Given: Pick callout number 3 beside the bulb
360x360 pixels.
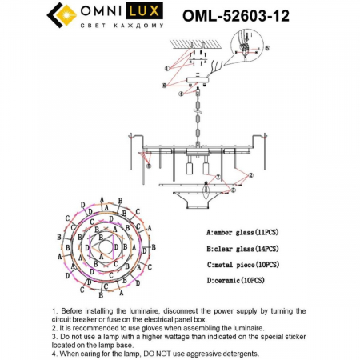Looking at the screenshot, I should point(232,191).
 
